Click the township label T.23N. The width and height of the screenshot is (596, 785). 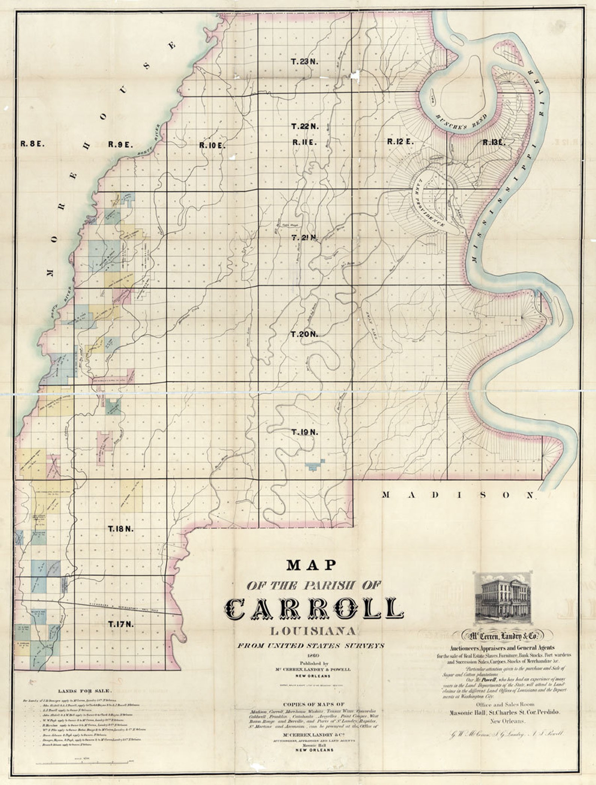pyautogui.click(x=304, y=62)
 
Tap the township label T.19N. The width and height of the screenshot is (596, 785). pyautogui.click(x=305, y=432)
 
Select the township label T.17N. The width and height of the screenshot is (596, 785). pyautogui.click(x=121, y=624)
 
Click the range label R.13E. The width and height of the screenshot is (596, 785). pyautogui.click(x=494, y=143)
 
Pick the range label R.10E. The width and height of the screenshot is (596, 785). pyautogui.click(x=212, y=146)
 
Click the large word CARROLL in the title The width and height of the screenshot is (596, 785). pyautogui.click(x=314, y=610)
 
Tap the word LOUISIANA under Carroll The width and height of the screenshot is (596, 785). pyautogui.click(x=312, y=632)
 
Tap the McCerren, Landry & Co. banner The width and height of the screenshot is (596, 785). pyautogui.click(x=501, y=636)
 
